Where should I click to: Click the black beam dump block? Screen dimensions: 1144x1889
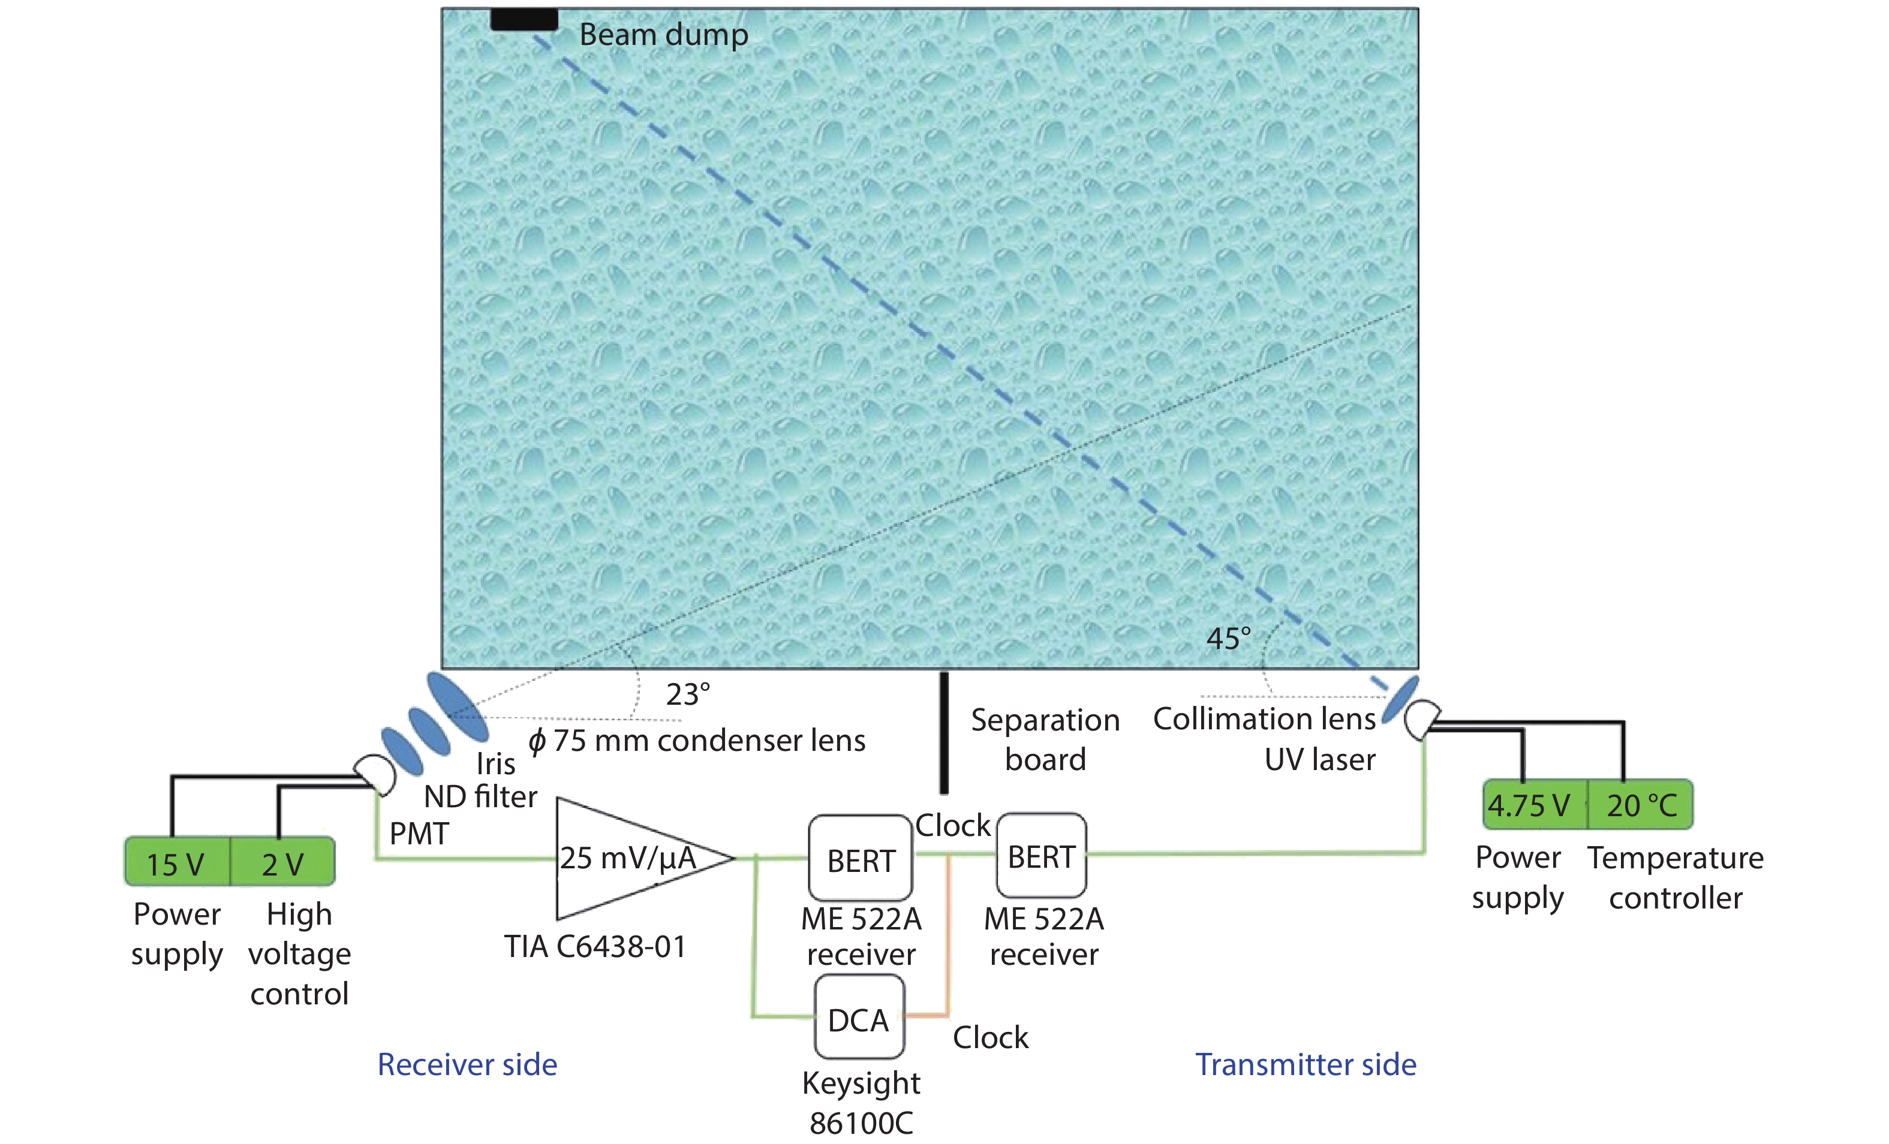pos(524,19)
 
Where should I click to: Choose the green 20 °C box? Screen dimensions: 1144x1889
pos(1641,805)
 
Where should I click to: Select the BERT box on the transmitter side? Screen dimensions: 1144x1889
pos(1041,856)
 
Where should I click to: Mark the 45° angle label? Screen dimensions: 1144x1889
pos(1228,638)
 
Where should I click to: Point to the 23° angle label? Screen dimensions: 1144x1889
pos(688,694)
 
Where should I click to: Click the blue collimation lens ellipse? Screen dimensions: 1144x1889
pos(1400,699)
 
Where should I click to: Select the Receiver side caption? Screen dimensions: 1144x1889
pos(467,1064)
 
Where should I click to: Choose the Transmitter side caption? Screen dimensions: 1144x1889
pos(1306,1064)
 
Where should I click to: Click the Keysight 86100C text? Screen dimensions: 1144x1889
pos(861,1103)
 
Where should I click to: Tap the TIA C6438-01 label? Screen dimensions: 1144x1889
pos(595,947)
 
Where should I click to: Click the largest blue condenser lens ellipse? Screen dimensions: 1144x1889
pos(457,707)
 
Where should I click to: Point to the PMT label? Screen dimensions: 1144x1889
pos(419,834)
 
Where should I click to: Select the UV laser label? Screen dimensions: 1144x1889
pos(1319,759)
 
